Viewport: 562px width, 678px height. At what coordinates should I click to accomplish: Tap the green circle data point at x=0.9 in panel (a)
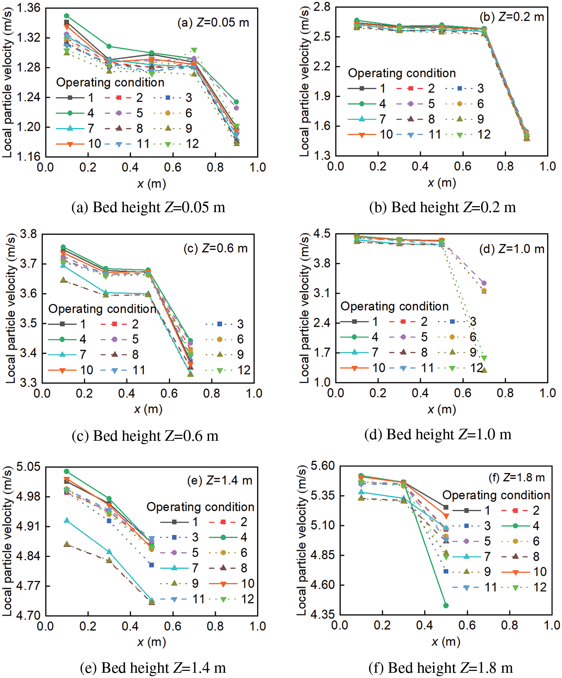(236, 102)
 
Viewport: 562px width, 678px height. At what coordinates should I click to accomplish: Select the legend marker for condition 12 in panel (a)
(168, 144)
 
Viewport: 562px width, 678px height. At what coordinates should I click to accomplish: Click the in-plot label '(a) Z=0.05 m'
(213, 22)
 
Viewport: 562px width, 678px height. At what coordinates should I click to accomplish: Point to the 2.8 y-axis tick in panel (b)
(322, 7)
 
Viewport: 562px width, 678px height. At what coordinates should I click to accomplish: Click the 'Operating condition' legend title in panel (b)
(402, 73)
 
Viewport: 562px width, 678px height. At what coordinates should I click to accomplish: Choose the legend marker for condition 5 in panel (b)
(410, 104)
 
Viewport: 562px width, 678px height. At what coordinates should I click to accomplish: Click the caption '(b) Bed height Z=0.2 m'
(442, 207)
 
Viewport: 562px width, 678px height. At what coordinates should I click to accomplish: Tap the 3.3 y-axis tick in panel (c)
(29, 383)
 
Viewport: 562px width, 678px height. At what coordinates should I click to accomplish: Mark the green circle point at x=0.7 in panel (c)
(190, 341)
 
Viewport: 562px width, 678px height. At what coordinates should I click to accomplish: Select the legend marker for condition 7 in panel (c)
(63, 355)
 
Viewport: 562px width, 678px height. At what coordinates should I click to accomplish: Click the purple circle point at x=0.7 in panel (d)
(484, 283)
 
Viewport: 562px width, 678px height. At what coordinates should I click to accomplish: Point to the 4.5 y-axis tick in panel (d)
(322, 234)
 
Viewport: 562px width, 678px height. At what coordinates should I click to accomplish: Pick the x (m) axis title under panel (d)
(441, 409)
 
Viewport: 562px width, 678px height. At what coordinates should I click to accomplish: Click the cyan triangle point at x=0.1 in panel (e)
(67, 521)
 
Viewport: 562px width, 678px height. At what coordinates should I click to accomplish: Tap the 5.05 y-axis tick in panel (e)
(28, 467)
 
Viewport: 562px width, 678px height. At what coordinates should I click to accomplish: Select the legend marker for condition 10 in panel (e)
(223, 584)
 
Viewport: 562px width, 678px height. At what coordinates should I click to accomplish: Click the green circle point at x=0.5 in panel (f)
(446, 605)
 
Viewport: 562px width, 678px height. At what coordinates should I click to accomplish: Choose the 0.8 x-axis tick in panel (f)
(510, 625)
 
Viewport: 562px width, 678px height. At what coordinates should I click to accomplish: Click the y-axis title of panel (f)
(302, 540)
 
